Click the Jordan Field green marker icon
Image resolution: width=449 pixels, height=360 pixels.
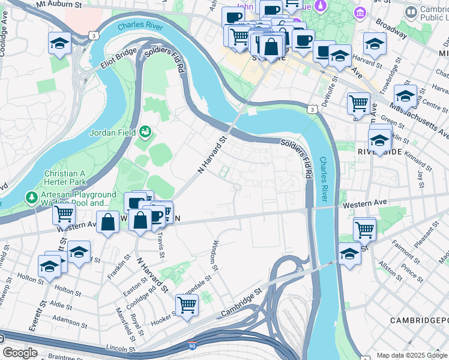pyautogui.click(x=145, y=131)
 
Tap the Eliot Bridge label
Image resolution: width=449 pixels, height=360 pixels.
pyautogui.click(x=119, y=58)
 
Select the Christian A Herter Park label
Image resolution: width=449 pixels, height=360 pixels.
pyautogui.click(x=65, y=178)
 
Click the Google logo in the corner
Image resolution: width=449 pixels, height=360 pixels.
pyautogui.click(x=20, y=353)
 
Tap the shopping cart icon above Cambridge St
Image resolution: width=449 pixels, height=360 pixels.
pyautogui.click(x=187, y=305)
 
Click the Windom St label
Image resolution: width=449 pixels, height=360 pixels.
pyautogui.click(x=215, y=255)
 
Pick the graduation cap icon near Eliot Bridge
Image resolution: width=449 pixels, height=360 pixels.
pyautogui.click(x=60, y=43)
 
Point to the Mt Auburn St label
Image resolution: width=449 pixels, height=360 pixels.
pyautogui.click(x=59, y=4)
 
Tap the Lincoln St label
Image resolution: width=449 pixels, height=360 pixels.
pyautogui.click(x=119, y=348)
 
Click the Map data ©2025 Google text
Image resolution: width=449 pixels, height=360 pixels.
pyautogui.click(x=411, y=355)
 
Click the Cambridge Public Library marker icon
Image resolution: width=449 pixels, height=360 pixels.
pyautogui.click(x=411, y=11)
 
